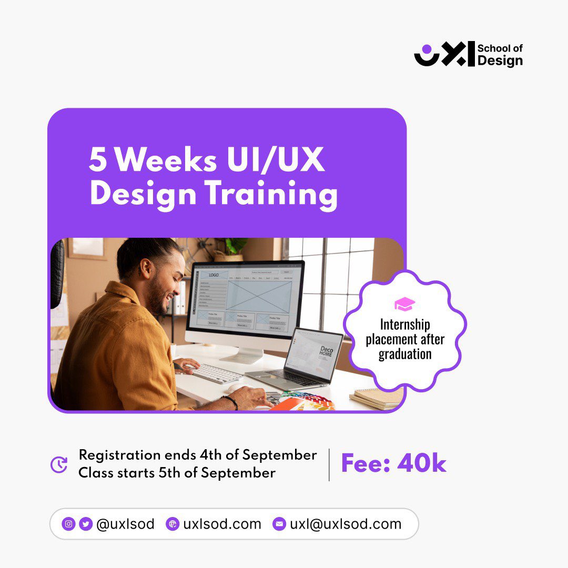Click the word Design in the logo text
tap(500, 60)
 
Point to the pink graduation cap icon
tap(404, 304)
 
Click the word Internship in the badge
tap(405, 324)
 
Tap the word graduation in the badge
tap(405, 354)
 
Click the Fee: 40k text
tap(393, 464)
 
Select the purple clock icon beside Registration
tap(59, 464)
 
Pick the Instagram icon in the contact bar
tap(68, 524)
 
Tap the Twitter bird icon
tap(86, 524)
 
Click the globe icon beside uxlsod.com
tap(173, 524)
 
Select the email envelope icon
tap(279, 524)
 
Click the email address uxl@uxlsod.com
tap(346, 524)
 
